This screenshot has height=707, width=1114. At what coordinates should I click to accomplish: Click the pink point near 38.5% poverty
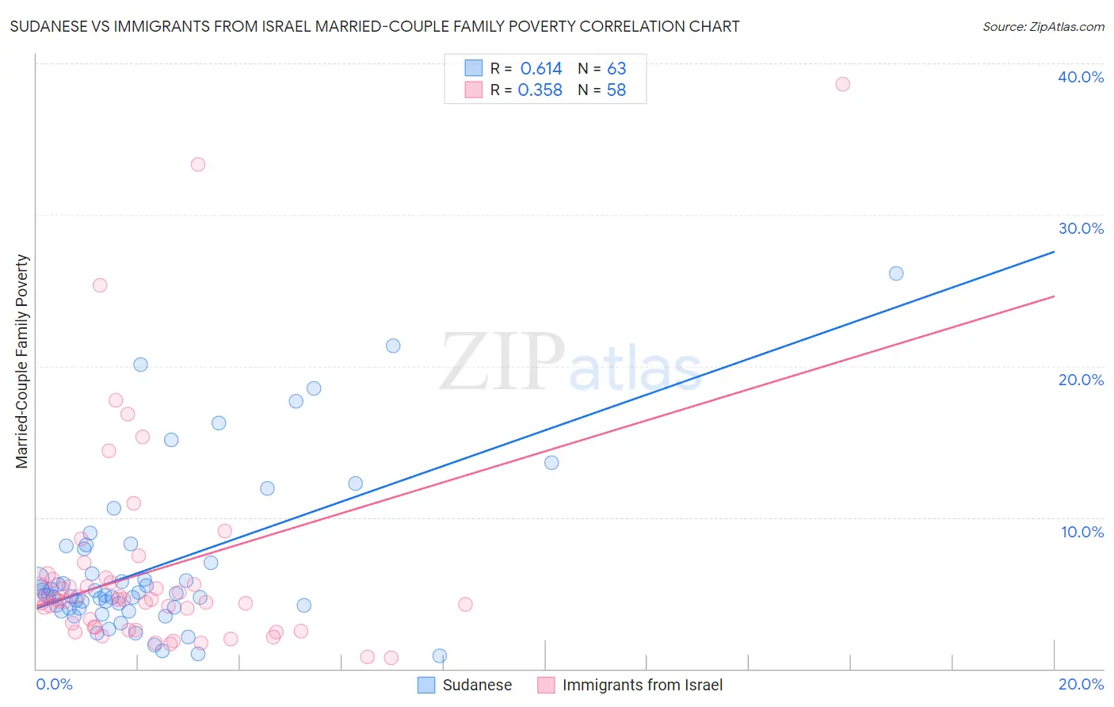pos(842,84)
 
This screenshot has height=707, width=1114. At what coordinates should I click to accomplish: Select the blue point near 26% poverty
pos(896,273)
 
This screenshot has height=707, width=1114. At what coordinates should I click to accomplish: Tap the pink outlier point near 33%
pos(198,164)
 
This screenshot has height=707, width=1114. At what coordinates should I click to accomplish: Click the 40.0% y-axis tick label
pos(1081,77)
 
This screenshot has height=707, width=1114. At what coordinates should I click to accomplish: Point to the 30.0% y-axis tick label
pos(1081,228)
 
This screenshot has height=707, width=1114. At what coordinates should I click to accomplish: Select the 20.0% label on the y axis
pos(1081,380)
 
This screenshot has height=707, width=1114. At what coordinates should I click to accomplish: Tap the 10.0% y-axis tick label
pos(1082,532)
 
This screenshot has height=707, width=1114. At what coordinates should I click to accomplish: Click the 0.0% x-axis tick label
pos(54,684)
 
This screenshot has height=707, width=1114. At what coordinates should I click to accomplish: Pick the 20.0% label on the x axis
pos(1081,684)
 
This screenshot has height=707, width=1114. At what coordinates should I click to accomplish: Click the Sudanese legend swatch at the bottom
pos(426,685)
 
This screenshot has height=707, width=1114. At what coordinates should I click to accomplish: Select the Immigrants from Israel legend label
pos(642,685)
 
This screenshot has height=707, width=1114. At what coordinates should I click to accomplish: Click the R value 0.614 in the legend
pos(541,69)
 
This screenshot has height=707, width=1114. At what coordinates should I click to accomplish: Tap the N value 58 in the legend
pos(616,90)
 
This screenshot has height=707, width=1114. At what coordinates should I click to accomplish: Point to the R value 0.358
pos(540,90)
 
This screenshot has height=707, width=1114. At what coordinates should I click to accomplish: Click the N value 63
pos(616,69)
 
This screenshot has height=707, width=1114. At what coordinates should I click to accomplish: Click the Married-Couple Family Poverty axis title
pos(22,361)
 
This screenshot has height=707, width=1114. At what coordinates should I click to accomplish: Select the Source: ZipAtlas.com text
pos(1043,27)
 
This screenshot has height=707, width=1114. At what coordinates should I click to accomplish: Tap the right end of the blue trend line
pos(1054,252)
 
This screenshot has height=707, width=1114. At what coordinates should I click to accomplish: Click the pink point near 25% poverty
pos(100,285)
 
